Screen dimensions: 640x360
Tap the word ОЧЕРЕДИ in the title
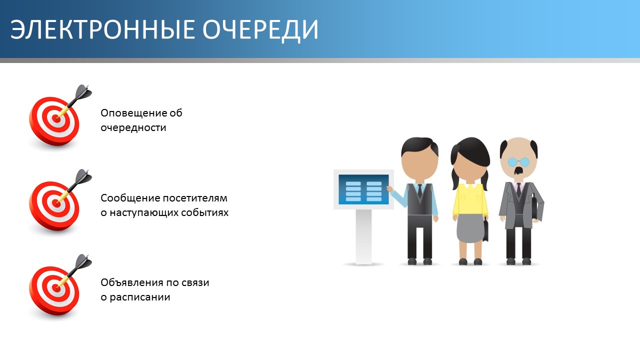(260, 30)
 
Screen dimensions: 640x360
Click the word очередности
(133, 127)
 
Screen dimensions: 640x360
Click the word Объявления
(131, 283)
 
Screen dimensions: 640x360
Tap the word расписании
(140, 297)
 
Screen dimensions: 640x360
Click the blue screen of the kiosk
(363, 189)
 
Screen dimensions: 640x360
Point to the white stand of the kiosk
(363, 236)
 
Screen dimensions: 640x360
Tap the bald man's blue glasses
(518, 162)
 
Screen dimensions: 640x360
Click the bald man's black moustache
(519, 171)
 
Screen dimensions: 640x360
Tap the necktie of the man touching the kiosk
(419, 190)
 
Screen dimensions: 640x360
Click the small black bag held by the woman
(485, 229)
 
